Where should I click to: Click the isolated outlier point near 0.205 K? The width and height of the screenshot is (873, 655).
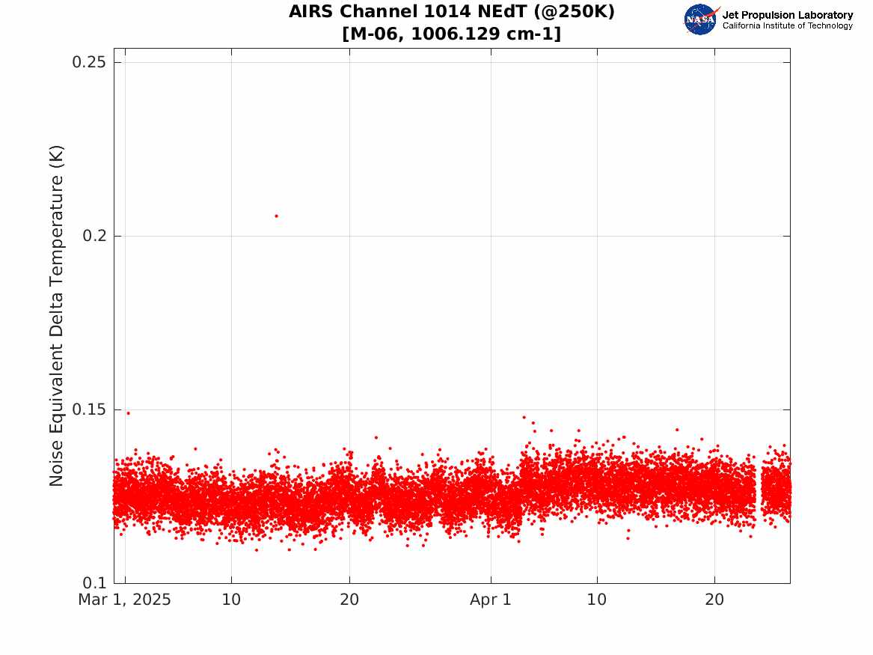pos(277,216)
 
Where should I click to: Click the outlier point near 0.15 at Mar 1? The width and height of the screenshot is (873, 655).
pos(128,413)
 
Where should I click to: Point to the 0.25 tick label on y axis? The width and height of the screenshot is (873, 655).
pos(89,62)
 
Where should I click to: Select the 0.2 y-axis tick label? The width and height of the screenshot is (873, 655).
pos(95,236)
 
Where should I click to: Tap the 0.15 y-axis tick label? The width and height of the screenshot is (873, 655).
pos(89,409)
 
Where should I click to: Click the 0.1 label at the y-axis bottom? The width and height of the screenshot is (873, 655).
pos(95,583)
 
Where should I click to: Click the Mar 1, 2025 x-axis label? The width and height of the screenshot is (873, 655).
pos(125,600)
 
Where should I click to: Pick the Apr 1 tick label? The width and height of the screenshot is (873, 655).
pos(491,600)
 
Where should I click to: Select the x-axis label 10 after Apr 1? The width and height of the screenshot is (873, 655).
pos(597,600)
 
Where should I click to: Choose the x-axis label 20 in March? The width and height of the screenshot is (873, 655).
pos(349,600)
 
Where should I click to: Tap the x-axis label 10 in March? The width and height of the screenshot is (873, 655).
pos(232,600)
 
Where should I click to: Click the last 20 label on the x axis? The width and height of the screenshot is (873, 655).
pos(714,600)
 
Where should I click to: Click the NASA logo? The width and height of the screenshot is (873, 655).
pos(701,19)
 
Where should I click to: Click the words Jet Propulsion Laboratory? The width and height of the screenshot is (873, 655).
pos(788,15)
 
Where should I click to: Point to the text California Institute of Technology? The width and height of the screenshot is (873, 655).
pos(788,25)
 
